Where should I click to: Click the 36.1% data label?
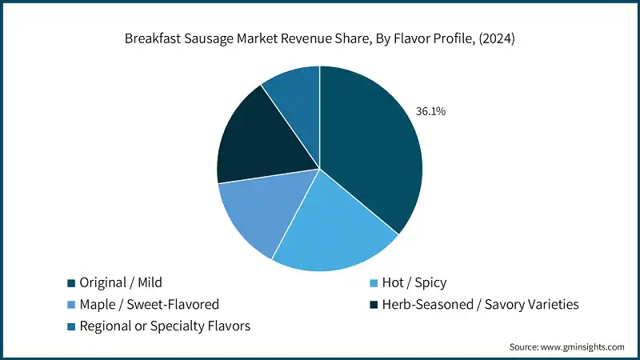[430, 111]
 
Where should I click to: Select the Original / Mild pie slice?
[368, 152]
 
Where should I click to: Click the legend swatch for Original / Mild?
[71, 283]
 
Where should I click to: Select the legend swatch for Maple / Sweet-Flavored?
[71, 305]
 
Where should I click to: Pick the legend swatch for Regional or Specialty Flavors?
[71, 326]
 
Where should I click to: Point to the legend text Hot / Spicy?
[414, 283]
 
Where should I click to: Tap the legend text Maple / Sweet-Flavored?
[150, 305]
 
